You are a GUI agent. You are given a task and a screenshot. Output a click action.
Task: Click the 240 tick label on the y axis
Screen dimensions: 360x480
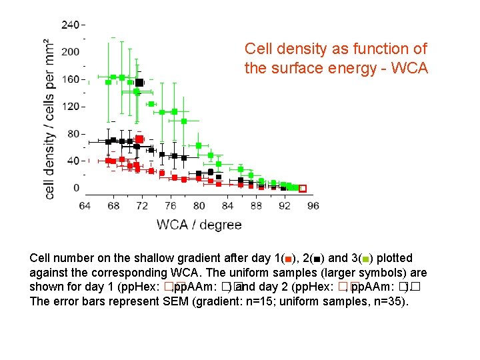click(x=69, y=25)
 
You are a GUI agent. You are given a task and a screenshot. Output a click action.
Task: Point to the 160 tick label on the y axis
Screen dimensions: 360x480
click(x=70, y=79)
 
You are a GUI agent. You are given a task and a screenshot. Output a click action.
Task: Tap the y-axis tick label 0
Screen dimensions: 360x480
click(x=76, y=188)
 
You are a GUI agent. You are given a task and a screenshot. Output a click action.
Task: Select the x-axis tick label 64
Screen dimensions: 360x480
click(x=85, y=205)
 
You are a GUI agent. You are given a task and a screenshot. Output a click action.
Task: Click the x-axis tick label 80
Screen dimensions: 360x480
click(x=199, y=205)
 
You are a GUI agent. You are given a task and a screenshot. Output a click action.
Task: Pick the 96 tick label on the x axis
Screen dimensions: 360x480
click(x=313, y=205)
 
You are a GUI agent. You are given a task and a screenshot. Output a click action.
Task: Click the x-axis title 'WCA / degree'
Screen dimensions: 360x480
click(x=199, y=225)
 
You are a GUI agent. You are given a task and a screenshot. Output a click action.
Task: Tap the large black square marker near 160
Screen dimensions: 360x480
click(x=139, y=83)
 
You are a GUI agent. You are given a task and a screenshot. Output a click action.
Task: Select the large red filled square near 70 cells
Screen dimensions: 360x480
click(x=139, y=139)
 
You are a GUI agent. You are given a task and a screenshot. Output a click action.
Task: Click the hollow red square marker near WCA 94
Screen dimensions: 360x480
click(x=302, y=189)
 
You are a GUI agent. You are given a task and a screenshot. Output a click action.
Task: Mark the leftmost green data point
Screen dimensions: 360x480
click(x=108, y=82)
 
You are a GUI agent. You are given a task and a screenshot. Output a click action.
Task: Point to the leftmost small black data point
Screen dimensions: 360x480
click(x=108, y=141)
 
